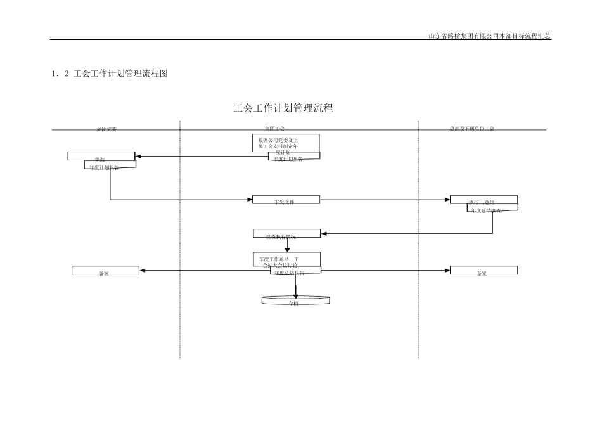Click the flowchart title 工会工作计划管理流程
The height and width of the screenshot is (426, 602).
283,108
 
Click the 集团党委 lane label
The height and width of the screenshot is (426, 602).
106,129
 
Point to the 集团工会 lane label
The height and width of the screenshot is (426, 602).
274,129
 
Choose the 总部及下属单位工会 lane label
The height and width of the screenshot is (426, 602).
471,129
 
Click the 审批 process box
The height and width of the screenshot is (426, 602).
101,156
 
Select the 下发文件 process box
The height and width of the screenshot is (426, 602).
286,200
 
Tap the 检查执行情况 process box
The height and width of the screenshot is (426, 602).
287,233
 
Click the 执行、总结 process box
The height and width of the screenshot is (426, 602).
484,199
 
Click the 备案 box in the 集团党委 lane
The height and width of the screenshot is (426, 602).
105,270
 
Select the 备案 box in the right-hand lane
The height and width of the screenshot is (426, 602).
484,270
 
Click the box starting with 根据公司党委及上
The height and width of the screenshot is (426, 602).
285,142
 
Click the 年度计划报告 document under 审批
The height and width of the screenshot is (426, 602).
110,165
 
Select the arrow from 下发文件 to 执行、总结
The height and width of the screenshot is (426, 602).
385,200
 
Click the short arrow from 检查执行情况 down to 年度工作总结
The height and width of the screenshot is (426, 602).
287,245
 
